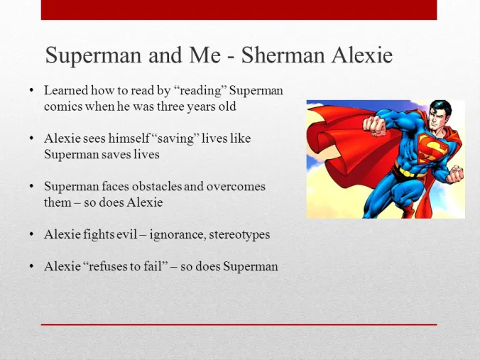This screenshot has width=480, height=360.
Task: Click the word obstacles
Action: pos(161,187)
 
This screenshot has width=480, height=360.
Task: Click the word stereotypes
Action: pos(239,234)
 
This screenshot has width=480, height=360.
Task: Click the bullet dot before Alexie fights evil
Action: pos(31,234)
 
